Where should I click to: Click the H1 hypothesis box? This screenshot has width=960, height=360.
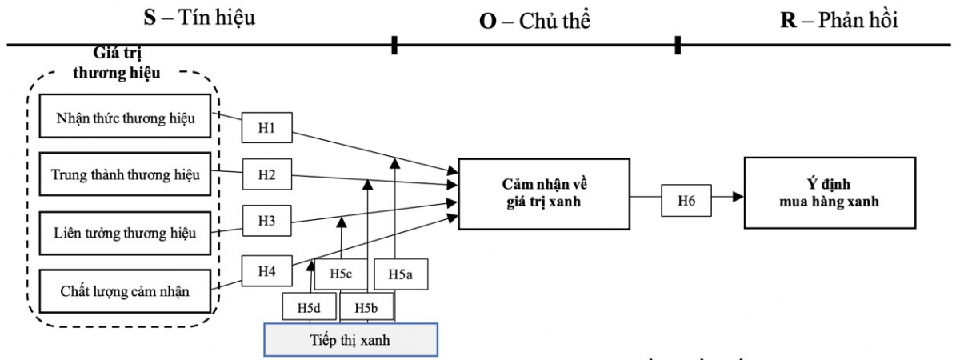click(x=267, y=128)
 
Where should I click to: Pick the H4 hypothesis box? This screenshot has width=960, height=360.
click(x=267, y=270)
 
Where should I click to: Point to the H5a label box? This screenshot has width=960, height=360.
click(x=400, y=274)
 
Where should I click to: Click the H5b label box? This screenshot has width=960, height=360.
click(x=366, y=306)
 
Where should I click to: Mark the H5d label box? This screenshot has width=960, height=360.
click(x=310, y=306)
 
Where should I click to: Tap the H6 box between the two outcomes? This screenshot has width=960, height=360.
click(x=686, y=200)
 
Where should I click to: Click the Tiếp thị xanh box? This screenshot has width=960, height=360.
click(x=350, y=338)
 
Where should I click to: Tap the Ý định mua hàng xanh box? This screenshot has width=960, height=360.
click(x=829, y=193)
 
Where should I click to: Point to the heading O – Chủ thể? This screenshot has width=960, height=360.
click(x=534, y=21)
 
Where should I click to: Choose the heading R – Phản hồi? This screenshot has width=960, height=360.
click(x=838, y=21)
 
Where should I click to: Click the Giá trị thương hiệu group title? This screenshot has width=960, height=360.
click(x=126, y=62)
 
